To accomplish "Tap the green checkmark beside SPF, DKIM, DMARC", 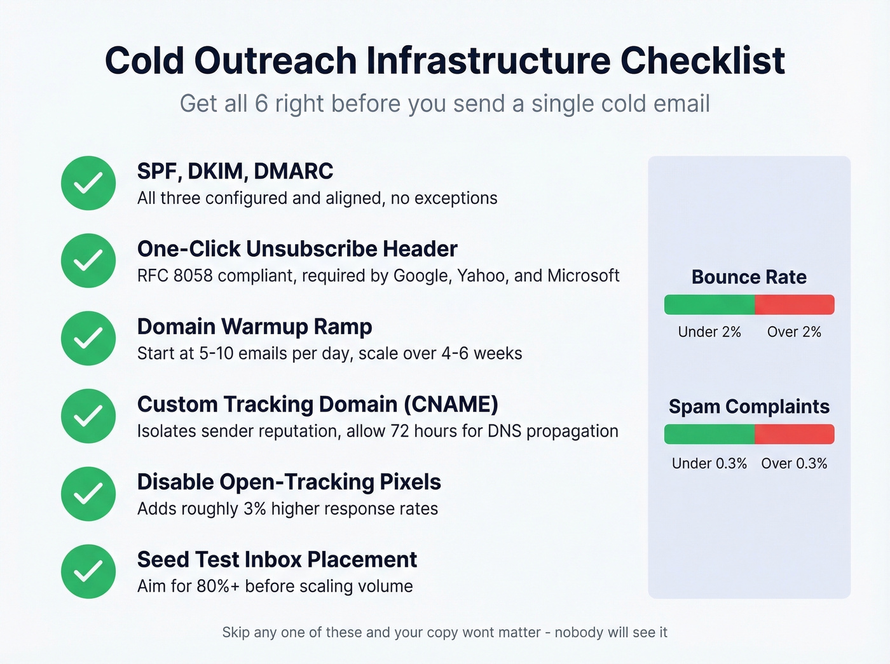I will pyautogui.click(x=88, y=183).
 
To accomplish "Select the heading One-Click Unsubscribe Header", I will pyautogui.click(x=297, y=249).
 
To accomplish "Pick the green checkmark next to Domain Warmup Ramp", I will pyautogui.click(x=88, y=338).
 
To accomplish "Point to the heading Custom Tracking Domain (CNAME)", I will pyautogui.click(x=317, y=404).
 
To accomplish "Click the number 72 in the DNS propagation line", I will pyautogui.click(x=399, y=431).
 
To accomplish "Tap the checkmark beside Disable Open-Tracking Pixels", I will pyautogui.click(x=88, y=494).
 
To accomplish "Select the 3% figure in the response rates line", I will pyautogui.click(x=254, y=509).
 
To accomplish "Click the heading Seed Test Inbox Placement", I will pyautogui.click(x=277, y=560).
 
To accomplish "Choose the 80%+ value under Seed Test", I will pyautogui.click(x=218, y=586).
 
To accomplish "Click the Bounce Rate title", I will pyautogui.click(x=749, y=277).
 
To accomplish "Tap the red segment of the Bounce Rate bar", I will pyautogui.click(x=794, y=305).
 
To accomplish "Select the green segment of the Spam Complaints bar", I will pyautogui.click(x=709, y=435).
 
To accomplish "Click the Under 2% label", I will pyautogui.click(x=709, y=332).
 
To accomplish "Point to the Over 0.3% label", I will pyautogui.click(x=794, y=464).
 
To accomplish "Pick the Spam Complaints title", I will pyautogui.click(x=749, y=407).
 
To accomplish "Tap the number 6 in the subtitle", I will pyautogui.click(x=261, y=104).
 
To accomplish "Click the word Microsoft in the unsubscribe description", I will pyautogui.click(x=583, y=276).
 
